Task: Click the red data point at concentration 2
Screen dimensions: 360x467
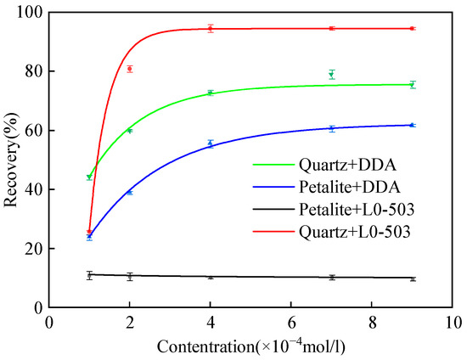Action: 130,69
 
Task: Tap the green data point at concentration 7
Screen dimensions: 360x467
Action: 331,75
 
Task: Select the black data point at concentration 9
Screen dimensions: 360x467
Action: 412,278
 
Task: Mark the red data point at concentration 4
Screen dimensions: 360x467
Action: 211,28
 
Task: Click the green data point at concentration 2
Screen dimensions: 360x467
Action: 130,130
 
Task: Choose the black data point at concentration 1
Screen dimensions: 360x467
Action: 89,275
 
